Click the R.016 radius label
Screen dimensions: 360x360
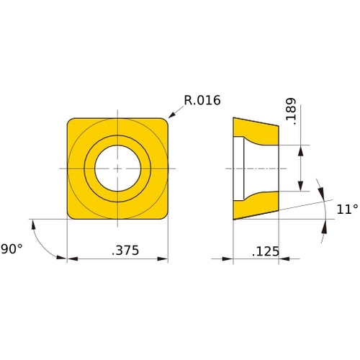[x=202, y=100]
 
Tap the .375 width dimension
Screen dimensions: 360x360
[x=125, y=251]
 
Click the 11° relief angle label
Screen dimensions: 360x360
[x=346, y=210]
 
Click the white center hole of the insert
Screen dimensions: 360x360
[x=117, y=168]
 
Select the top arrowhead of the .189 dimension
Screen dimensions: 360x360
[x=301, y=148]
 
